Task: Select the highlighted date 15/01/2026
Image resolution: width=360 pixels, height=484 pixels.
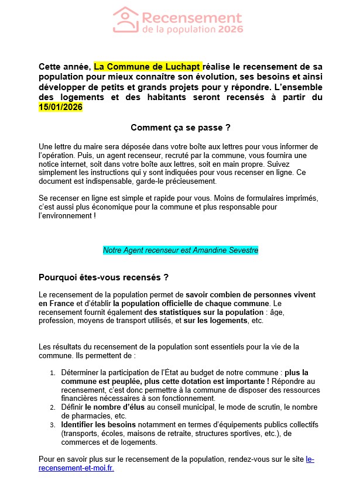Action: [60, 108]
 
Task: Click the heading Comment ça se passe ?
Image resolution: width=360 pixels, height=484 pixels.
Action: [180, 128]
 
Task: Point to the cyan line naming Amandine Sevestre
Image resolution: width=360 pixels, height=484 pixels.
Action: [180, 250]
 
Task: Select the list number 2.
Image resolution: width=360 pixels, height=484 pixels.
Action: [52, 407]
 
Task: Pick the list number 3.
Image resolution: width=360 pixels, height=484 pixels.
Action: [52, 424]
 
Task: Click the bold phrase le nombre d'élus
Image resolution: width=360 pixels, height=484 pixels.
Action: [116, 406]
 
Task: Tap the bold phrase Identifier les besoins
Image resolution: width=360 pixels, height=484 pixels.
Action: [98, 423]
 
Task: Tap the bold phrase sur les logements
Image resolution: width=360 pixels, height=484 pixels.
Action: [215, 321]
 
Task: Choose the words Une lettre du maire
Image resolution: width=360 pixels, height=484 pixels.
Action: [69, 146]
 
